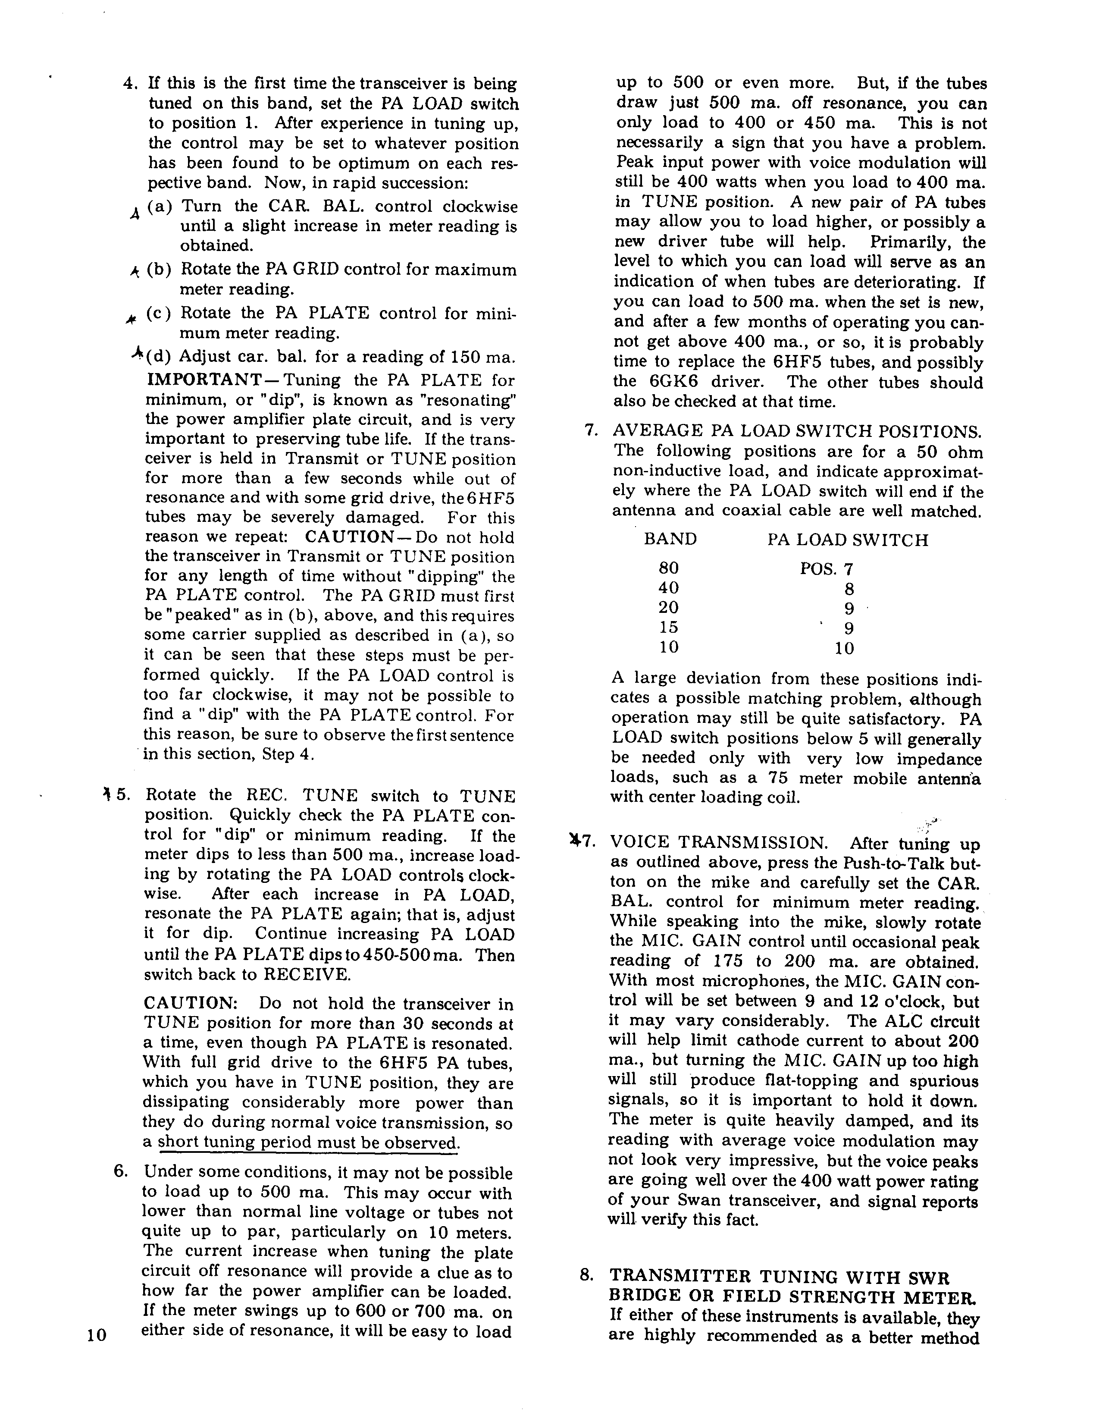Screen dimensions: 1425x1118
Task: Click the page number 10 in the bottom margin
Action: click(x=96, y=1335)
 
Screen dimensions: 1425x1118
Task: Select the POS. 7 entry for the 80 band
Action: click(x=826, y=568)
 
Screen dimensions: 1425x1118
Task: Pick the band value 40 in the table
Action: click(x=668, y=588)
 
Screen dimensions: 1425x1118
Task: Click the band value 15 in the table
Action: click(x=668, y=628)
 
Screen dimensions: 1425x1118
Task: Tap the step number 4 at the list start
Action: click(x=129, y=84)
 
